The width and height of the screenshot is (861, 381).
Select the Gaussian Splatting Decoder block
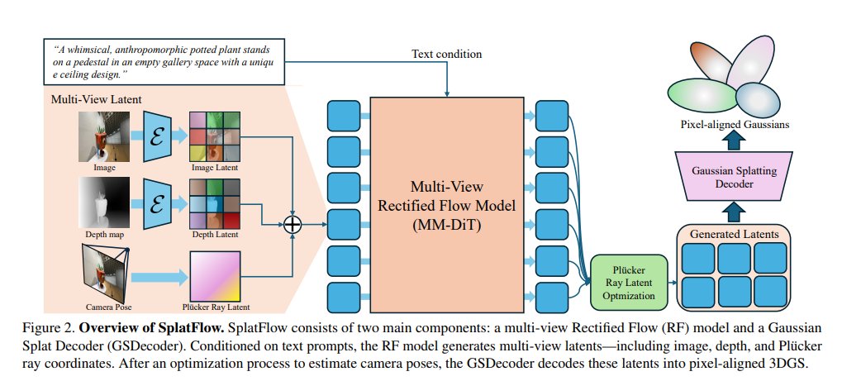pos(729,176)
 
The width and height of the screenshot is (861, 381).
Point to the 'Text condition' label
pos(446,55)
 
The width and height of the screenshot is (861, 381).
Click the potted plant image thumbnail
pos(104,136)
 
